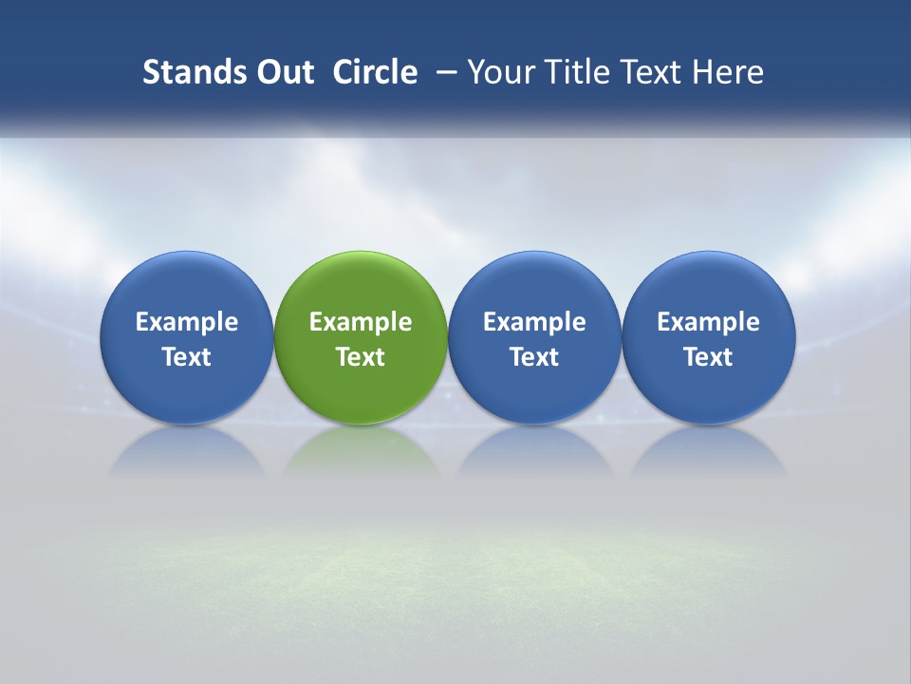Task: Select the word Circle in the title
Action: click(375, 72)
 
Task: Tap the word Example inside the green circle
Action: click(361, 322)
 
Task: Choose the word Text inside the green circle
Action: click(361, 357)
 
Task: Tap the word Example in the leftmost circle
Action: click(187, 322)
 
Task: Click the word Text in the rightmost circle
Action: click(709, 357)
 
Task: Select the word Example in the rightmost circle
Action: click(709, 322)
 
